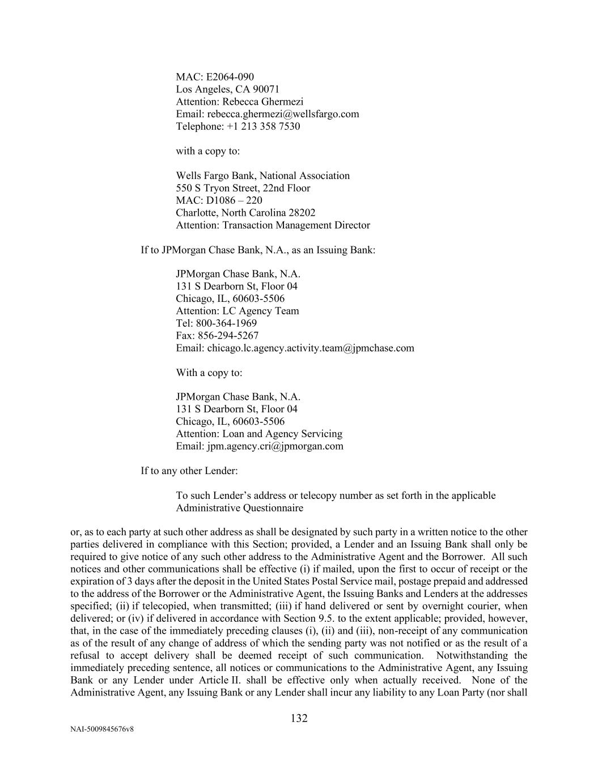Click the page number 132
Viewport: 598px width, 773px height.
pyautogui.click(x=299, y=719)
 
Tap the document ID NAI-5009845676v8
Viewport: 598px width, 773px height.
pyautogui.click(x=102, y=729)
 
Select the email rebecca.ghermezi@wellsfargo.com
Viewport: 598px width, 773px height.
pyautogui.click(x=283, y=114)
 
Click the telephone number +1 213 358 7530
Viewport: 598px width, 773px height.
pyautogui.click(x=264, y=126)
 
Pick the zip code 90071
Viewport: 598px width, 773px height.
pyautogui.click(x=266, y=89)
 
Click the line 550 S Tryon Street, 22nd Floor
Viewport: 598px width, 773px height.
pyautogui.click(x=243, y=188)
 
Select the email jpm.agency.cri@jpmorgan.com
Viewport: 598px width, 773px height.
pyautogui.click(x=275, y=446)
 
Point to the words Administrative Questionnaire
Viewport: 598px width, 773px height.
pyautogui.click(x=239, y=508)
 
